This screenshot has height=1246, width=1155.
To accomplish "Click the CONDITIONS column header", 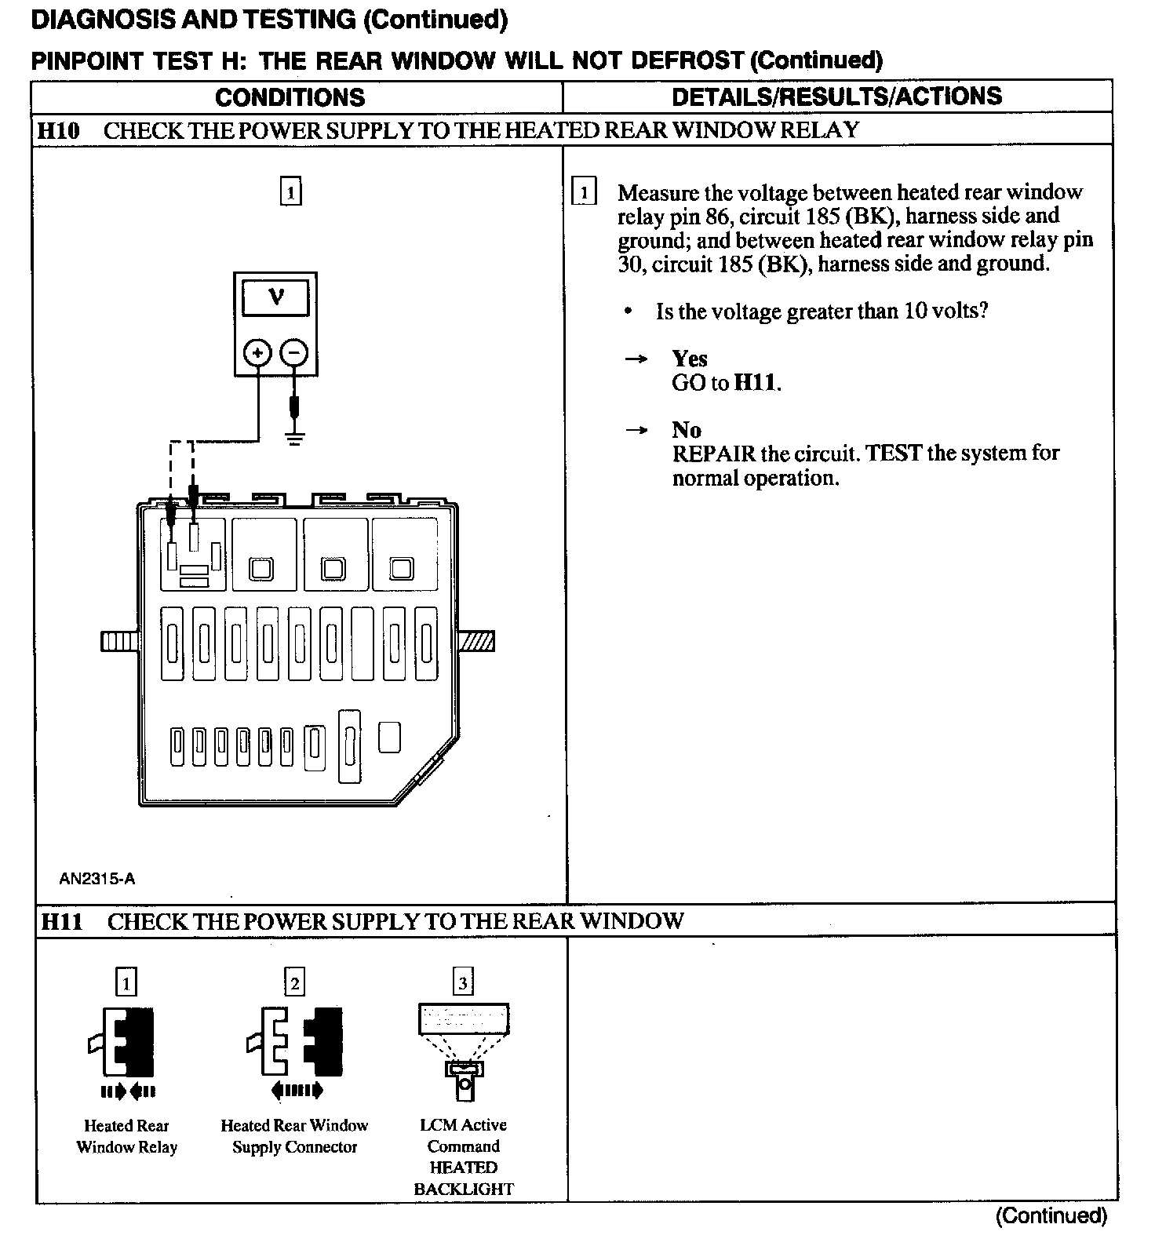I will click(290, 97).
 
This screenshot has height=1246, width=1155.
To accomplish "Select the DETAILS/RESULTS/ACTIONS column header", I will click(836, 96).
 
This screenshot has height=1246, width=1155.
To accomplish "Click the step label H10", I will click(59, 130).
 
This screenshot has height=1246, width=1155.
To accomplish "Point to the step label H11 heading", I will click(62, 921).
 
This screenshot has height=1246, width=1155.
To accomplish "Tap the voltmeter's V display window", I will click(276, 297).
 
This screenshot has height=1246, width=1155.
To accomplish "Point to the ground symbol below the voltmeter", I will click(294, 438).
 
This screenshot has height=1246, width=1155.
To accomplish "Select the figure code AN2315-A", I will click(97, 879).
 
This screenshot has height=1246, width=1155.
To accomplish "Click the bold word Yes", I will click(690, 359).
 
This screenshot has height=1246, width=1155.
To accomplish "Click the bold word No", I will click(687, 430).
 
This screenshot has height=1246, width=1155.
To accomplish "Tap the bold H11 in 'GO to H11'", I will click(756, 384).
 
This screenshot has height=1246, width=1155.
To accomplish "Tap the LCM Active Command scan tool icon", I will click(464, 1047).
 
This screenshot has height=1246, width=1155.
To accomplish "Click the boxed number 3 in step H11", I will click(463, 982).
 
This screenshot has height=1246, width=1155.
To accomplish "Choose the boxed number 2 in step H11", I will click(294, 982).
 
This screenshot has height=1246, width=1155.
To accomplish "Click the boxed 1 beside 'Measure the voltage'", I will click(585, 192).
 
